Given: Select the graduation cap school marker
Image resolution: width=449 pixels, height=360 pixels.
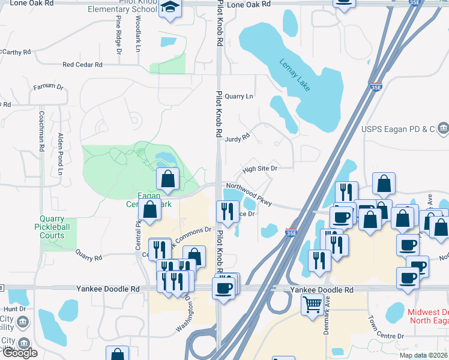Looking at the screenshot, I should pos(170,8).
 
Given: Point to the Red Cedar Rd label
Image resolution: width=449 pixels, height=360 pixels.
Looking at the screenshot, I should pos(82,65).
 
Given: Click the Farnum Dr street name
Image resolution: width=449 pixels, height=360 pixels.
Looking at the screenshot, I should pos(48,87).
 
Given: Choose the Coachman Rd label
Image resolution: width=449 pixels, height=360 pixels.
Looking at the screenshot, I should pos(42,131).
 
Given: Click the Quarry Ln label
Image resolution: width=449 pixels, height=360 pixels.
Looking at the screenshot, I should pos(240,96).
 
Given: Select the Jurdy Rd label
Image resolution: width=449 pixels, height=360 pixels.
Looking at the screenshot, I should pos(237,137).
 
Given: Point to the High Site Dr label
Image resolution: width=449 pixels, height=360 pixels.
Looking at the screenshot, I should pos(260,169).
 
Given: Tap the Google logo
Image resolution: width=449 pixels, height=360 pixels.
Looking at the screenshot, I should pos(20,352).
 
